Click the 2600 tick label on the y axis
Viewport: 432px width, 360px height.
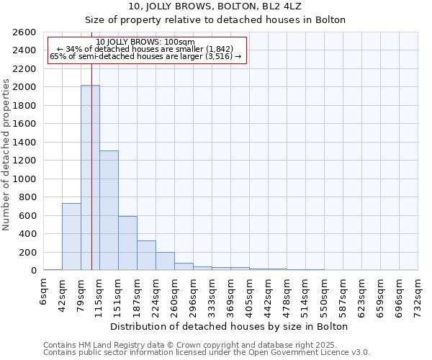24,32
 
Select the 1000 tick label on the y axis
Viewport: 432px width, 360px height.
24,179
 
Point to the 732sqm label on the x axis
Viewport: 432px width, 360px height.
418,293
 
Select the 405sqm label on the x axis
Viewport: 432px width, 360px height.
249,293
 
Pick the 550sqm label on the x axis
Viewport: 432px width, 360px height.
324,293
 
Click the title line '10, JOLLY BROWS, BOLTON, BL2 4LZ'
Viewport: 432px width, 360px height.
215,6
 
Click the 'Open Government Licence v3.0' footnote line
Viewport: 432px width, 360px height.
207,352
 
